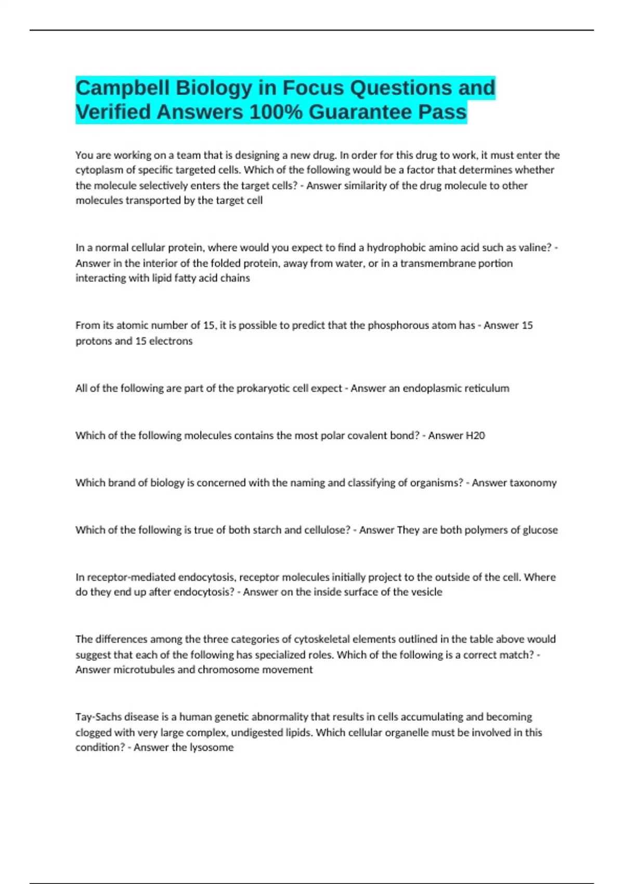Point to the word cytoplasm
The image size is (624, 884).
(99, 170)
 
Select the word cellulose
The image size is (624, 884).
(325, 530)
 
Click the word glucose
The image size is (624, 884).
(540, 530)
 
